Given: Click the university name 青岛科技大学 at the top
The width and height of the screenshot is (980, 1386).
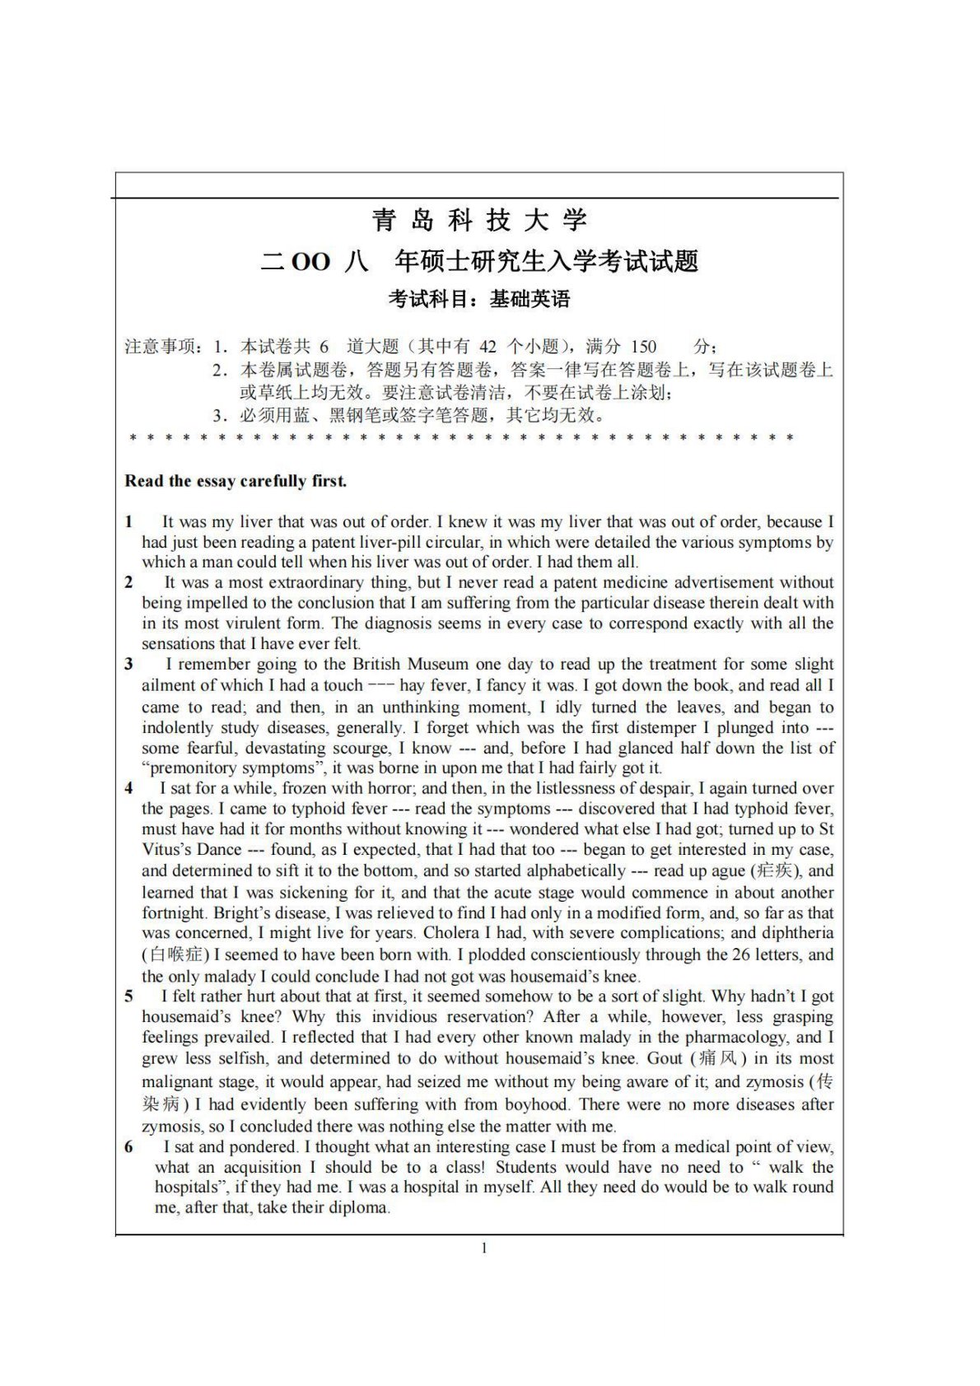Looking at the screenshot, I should (479, 220).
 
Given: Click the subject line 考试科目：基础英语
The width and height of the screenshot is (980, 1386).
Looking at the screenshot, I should (479, 299).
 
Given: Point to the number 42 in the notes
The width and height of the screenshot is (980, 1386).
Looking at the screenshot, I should (488, 347).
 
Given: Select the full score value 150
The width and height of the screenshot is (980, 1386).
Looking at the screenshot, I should (643, 347).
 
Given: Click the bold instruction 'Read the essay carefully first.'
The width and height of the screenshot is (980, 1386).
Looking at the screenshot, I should (236, 481).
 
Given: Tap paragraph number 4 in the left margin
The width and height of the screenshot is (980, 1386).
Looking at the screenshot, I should (129, 788).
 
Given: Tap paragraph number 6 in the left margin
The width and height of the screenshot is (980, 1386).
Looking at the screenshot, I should (129, 1146).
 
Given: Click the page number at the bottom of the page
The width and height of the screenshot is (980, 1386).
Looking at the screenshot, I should (484, 1248).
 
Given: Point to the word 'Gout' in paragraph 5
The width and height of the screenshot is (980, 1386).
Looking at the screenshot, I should (665, 1059).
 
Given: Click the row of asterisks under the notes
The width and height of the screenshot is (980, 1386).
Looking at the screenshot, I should (461, 438).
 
